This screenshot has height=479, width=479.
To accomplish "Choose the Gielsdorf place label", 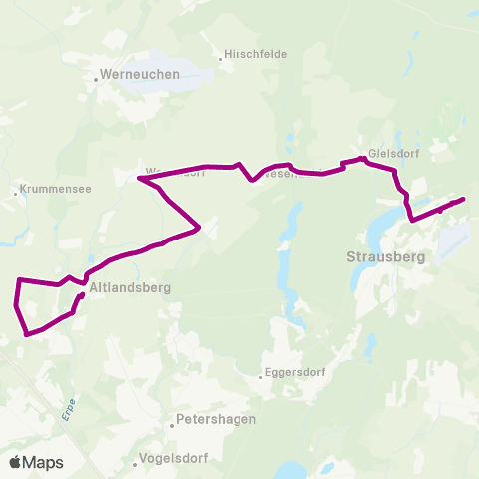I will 393,153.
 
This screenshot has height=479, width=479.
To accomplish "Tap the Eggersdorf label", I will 294,375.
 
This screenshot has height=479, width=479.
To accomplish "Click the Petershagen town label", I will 216,419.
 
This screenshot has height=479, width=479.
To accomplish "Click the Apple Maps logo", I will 37,462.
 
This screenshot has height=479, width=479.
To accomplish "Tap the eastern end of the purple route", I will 464,200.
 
